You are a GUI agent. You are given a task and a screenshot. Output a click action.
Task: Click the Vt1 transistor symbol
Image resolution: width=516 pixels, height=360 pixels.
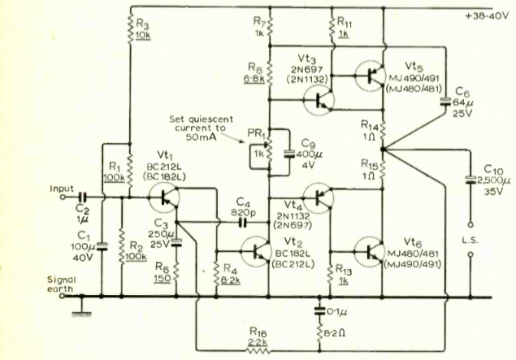[x=164, y=197]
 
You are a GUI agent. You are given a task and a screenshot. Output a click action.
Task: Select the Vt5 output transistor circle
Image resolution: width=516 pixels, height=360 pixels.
[x=371, y=76]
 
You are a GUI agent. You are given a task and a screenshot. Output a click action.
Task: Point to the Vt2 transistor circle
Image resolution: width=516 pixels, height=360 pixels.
[x=256, y=252]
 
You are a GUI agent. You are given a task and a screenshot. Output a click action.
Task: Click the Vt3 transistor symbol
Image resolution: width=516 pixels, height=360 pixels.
[x=319, y=100]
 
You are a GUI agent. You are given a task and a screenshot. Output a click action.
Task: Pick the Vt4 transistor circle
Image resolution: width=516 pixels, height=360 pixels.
[x=319, y=197]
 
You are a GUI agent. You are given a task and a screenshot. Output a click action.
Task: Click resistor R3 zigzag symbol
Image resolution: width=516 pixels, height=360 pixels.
[x=130, y=28]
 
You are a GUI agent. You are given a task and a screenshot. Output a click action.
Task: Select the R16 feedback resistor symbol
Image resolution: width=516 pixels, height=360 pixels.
[x=258, y=351]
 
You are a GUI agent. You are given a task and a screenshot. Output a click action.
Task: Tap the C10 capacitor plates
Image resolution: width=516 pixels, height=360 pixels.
[x=470, y=180]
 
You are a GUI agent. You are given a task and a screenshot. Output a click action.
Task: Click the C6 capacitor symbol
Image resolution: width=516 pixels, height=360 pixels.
[x=445, y=102]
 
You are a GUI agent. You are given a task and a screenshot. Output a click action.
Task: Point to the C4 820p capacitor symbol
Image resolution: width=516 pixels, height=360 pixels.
[x=243, y=223]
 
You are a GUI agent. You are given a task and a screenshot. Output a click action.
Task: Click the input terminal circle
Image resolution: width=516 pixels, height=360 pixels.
[x=63, y=197]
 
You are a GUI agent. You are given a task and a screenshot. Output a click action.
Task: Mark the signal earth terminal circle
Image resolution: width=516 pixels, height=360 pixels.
[x=62, y=296]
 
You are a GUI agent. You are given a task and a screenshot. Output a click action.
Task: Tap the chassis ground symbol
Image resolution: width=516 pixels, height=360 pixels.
[x=81, y=308]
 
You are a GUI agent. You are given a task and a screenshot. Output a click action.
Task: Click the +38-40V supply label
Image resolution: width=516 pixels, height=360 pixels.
[x=487, y=15]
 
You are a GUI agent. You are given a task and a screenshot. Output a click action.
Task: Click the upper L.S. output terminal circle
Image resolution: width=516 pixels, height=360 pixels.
[x=470, y=225]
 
